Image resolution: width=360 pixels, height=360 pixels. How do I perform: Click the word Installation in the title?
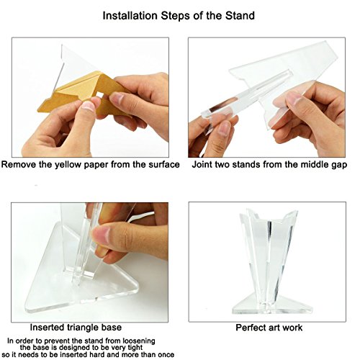(130, 16)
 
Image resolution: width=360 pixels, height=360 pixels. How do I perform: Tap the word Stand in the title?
(240, 16)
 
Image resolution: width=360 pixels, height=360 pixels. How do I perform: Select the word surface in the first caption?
(164, 165)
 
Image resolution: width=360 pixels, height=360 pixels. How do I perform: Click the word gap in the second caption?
(340, 165)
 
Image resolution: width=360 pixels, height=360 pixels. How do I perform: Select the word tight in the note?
(135, 348)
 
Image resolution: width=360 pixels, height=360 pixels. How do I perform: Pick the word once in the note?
(166, 355)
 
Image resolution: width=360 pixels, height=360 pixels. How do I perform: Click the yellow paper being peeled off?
(84, 92)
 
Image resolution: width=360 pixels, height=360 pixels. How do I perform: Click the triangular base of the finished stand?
(272, 305)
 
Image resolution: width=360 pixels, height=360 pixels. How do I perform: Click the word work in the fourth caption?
(292, 328)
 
